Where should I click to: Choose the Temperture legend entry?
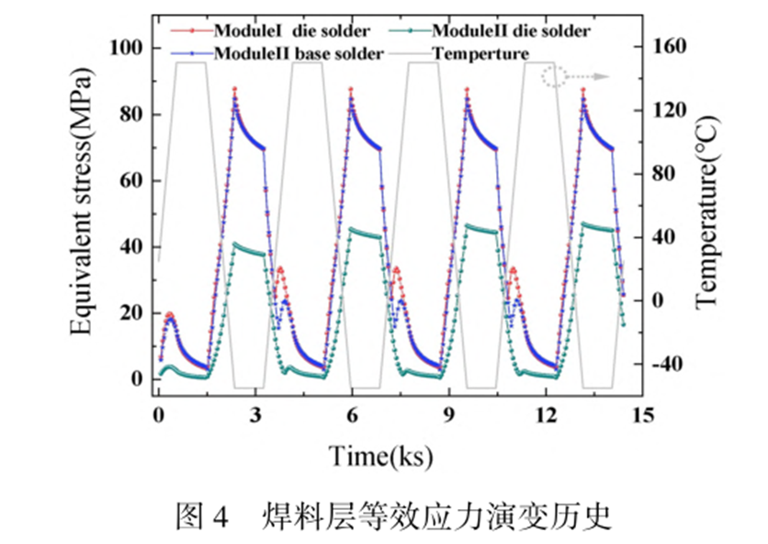click(x=480, y=53)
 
